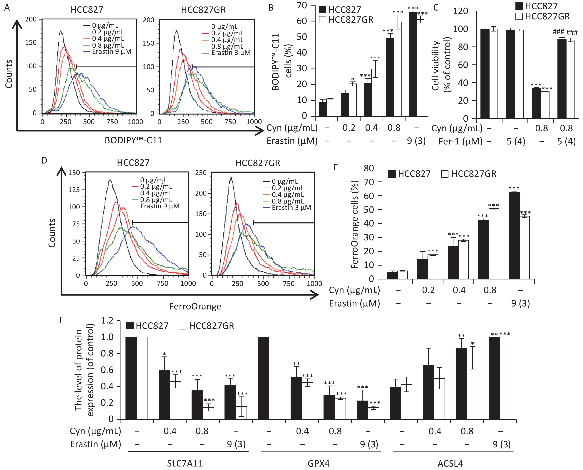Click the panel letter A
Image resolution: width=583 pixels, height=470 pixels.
(x=7, y=8)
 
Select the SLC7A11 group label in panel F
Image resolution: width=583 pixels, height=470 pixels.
(x=185, y=463)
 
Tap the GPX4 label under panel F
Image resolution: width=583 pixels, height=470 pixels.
(x=319, y=463)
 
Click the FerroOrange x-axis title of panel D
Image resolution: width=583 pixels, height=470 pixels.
(x=195, y=306)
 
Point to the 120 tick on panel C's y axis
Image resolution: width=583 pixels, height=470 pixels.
(x=460, y=11)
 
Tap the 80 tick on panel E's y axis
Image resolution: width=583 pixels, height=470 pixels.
(x=369, y=168)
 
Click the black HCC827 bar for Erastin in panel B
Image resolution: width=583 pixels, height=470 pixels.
(x=413, y=64)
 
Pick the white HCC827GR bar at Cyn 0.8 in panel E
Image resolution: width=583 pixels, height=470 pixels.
(x=494, y=244)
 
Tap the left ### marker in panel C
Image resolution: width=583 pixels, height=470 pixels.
(x=558, y=32)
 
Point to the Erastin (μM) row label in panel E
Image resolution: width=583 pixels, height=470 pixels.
(x=354, y=304)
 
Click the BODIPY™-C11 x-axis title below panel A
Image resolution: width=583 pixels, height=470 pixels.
(x=133, y=140)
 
